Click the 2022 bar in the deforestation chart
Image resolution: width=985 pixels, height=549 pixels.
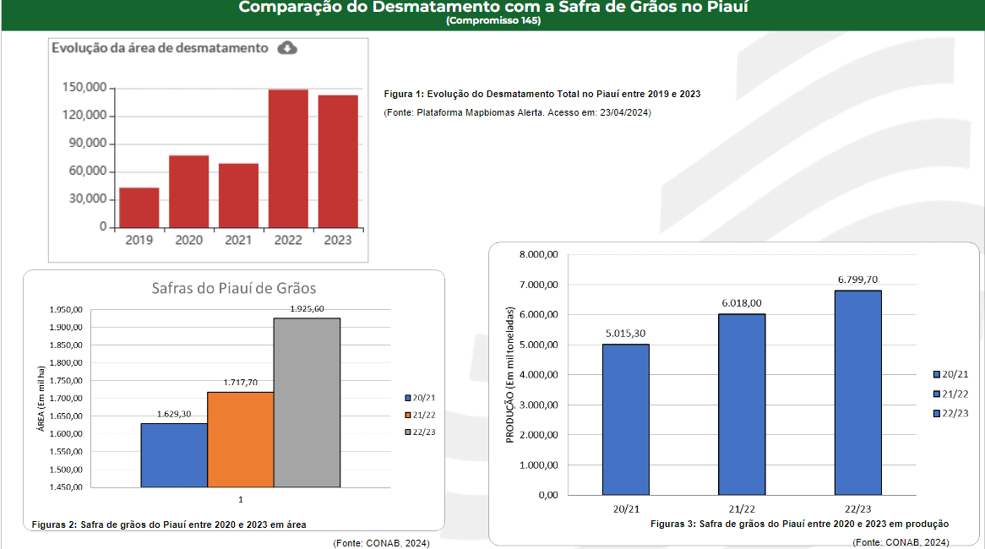coord(288,158)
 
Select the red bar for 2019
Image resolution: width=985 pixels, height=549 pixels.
coord(139,207)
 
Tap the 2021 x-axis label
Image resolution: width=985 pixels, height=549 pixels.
coord(238,241)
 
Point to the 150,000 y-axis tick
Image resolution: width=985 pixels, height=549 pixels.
coord(84,88)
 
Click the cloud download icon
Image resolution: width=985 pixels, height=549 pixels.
coord(287,48)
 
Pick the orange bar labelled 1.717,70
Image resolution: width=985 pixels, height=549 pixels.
coord(241,439)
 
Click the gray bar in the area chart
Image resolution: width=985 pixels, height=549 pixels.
coord(307,402)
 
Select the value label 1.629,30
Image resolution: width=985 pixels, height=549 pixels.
coord(175,414)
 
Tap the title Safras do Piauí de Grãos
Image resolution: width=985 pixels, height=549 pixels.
coord(234,288)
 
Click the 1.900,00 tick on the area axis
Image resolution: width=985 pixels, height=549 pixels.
coord(65,328)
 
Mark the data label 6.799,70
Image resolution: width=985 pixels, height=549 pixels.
coord(857,280)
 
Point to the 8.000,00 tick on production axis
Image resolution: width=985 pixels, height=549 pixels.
coord(538,254)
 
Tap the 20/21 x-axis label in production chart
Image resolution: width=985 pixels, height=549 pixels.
coord(626,509)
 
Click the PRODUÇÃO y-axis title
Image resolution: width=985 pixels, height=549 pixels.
coord(510,373)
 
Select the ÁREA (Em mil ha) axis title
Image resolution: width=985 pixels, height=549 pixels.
coord(40,399)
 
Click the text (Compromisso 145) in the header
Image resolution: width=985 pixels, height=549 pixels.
coord(492,20)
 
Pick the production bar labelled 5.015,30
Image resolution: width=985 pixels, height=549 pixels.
coord(626,419)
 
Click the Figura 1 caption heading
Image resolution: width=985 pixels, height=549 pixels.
coord(541,94)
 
